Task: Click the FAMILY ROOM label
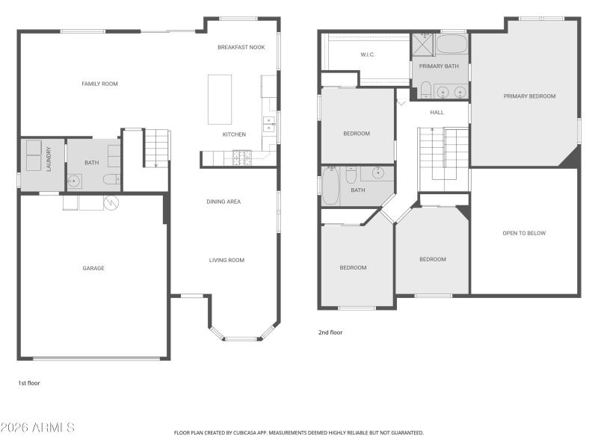tap(99, 84)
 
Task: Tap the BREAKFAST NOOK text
tap(241, 47)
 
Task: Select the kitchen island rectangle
tap(220, 99)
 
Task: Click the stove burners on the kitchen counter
tap(242, 158)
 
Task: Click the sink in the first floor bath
tap(75, 180)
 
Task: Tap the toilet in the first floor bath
tap(111, 179)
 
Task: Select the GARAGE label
tap(93, 268)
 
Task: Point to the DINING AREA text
tap(224, 202)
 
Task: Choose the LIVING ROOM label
tap(226, 261)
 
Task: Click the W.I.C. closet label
tap(367, 55)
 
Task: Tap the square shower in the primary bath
tap(422, 45)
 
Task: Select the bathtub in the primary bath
tap(451, 44)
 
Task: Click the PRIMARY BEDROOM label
tap(529, 96)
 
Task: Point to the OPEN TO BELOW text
tap(524, 233)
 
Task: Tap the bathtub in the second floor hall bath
tap(330, 186)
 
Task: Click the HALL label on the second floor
tap(437, 113)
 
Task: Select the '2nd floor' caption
tap(330, 332)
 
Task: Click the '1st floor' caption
tap(29, 383)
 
